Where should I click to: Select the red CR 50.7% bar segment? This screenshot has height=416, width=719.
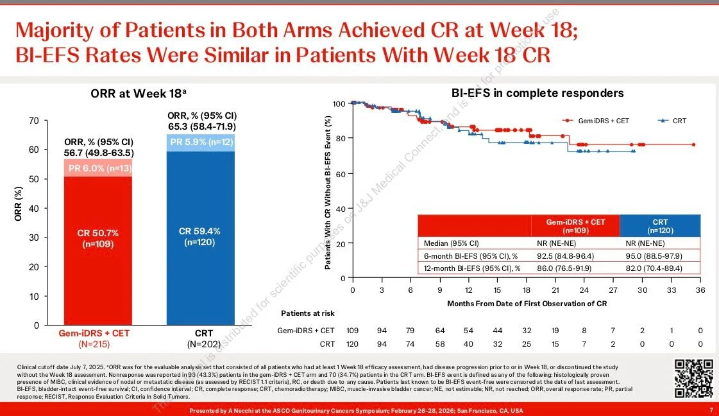(x=97, y=250)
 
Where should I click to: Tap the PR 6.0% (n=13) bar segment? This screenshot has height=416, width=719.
(x=97, y=168)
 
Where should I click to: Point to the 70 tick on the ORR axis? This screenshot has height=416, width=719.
(x=33, y=120)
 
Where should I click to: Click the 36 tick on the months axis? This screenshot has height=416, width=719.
(x=700, y=290)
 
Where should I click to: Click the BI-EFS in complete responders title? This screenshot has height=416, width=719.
(x=537, y=94)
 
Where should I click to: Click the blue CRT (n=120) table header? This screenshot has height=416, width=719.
(x=655, y=225)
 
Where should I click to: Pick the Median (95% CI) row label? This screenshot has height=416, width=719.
(x=452, y=243)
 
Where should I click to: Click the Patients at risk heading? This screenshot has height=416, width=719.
(x=308, y=313)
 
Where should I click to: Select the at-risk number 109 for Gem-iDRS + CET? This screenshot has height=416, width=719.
(x=353, y=331)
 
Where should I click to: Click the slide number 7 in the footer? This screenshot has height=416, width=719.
(x=711, y=410)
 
